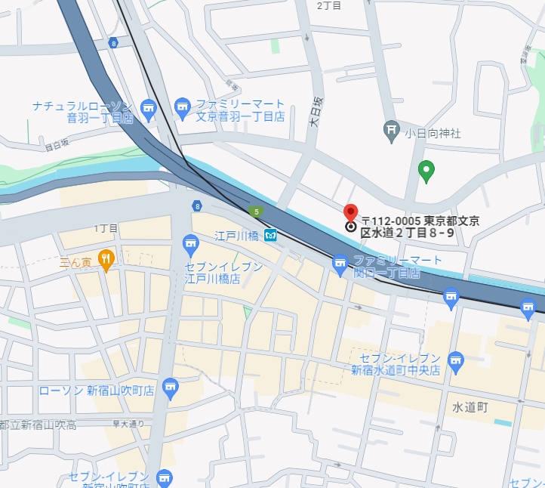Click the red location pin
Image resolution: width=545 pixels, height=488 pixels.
pyautogui.click(x=350, y=213)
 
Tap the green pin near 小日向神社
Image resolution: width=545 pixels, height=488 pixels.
pyautogui.click(x=426, y=171)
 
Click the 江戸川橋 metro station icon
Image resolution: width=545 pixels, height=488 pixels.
pyautogui.click(x=269, y=235)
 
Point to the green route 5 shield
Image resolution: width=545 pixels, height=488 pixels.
pyautogui.click(x=257, y=212)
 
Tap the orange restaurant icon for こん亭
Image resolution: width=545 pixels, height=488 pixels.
pyautogui.click(x=105, y=259)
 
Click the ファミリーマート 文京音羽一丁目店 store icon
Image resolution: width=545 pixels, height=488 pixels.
pyautogui.click(x=182, y=109)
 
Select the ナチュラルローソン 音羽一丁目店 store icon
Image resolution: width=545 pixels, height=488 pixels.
pyautogui.click(x=148, y=109)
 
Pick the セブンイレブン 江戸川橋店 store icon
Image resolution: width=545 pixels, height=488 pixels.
pyautogui.click(x=189, y=243)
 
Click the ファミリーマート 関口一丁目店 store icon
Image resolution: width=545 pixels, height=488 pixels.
pyautogui.click(x=340, y=264)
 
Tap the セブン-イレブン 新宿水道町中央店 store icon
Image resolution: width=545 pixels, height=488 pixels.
pyautogui.click(x=455, y=361)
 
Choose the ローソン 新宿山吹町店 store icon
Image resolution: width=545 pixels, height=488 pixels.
pyautogui.click(x=170, y=388)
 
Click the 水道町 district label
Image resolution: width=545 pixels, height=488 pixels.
pyautogui.click(x=472, y=406)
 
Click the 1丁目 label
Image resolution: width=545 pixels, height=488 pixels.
pyautogui.click(x=106, y=227)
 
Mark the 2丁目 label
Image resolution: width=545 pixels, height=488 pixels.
pyautogui.click(x=329, y=5)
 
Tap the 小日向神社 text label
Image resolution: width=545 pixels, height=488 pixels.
pyautogui.click(x=433, y=134)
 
